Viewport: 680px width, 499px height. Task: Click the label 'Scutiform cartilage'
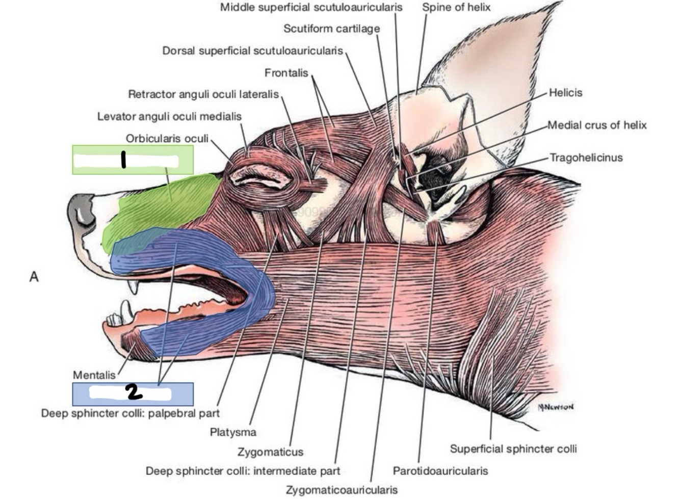331,29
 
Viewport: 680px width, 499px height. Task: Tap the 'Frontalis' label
286,73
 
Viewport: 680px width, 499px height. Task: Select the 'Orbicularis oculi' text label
167,139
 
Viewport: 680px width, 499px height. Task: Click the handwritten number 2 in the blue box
133,392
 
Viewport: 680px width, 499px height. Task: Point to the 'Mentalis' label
94,375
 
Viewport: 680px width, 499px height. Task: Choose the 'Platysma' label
233,432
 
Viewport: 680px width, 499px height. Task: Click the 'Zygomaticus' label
270,452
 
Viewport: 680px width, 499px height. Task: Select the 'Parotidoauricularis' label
440,471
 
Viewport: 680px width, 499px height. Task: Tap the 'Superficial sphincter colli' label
513,449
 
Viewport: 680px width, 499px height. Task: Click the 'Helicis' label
565,93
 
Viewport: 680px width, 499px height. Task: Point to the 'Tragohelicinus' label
586,157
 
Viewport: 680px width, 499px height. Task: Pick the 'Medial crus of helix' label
597,125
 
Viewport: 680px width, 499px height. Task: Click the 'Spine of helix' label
456,7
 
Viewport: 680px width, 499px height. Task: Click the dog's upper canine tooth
134,286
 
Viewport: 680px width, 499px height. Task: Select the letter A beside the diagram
34,277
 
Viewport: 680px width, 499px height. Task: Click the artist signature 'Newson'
556,407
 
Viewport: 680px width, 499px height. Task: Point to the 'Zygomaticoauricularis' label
342,490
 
